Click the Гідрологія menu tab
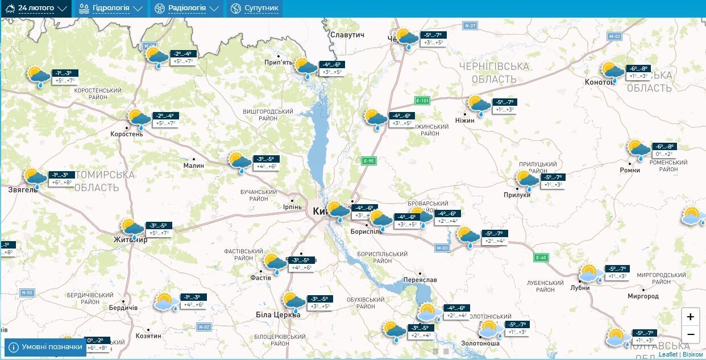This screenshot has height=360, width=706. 111,9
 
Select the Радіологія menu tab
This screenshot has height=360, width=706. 186,9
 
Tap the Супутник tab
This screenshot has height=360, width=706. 255,9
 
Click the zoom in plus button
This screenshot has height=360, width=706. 690,317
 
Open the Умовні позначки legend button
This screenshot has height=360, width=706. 45,347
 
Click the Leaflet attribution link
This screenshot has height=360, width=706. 668,354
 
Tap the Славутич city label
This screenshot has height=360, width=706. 347,35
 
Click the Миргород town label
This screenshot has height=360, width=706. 643,296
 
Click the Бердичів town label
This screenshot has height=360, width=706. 123,308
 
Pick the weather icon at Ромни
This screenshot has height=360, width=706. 639,150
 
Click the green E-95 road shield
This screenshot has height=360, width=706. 369,161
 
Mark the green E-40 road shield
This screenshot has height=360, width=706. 541,258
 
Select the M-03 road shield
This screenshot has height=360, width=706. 442,248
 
